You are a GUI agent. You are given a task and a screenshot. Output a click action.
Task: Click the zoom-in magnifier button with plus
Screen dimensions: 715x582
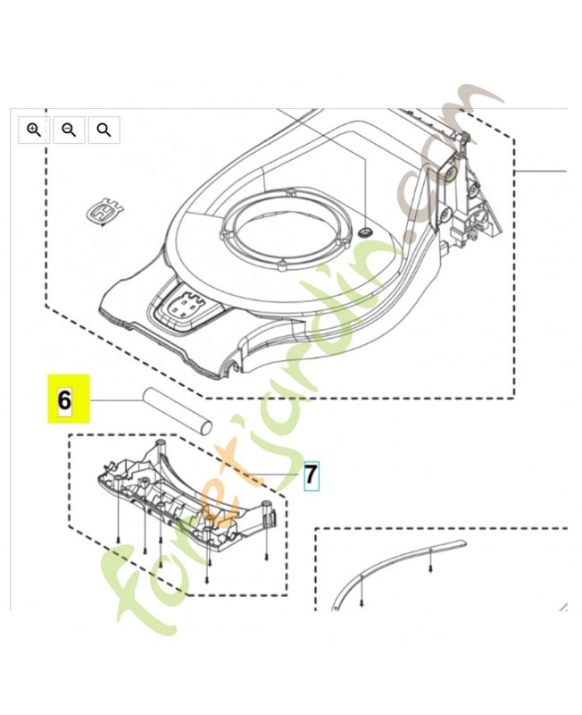tap(34, 130)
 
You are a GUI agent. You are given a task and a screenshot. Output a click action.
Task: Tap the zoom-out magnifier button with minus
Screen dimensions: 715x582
tap(69, 130)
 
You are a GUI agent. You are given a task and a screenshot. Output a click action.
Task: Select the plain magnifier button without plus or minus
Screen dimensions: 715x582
tap(104, 130)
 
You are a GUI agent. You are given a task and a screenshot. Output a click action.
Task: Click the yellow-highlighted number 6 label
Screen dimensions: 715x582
tap(65, 400)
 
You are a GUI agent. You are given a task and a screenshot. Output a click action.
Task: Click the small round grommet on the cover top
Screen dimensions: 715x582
tap(363, 231)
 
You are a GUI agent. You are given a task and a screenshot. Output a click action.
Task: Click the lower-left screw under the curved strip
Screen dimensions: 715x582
tap(362, 604)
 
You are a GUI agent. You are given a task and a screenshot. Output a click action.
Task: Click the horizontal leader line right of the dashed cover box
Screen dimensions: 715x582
tap(541, 171)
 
